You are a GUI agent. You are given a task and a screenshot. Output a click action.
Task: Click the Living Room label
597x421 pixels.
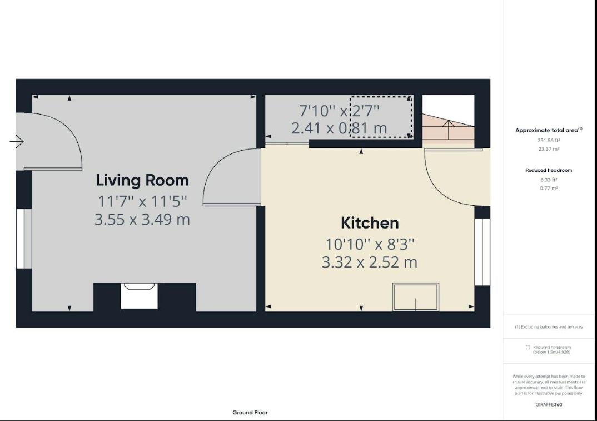pyautogui.click(x=142, y=180)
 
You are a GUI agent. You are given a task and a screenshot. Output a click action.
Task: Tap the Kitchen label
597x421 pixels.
pyautogui.click(x=370, y=223)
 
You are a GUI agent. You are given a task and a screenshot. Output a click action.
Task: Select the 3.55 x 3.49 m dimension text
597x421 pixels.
pyautogui.click(x=142, y=220)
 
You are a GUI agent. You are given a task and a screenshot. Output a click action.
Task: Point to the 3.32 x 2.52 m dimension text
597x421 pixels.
pyautogui.click(x=369, y=262)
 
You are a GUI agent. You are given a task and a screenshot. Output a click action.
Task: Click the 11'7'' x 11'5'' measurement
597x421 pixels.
pyautogui.click(x=142, y=201)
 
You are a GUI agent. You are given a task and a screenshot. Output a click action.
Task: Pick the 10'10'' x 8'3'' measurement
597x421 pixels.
pyautogui.click(x=369, y=244)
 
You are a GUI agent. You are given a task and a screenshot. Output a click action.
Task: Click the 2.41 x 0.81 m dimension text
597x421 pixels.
pyautogui.click(x=339, y=128)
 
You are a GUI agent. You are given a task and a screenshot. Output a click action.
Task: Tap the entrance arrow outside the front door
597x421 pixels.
pyautogui.click(x=17, y=142)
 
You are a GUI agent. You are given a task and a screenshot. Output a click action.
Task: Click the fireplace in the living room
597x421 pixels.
pyautogui.click(x=140, y=296)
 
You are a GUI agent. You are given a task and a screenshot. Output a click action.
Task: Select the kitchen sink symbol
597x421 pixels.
pyautogui.click(x=416, y=297)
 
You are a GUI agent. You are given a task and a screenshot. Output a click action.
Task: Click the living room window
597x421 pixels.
pyautogui.click(x=24, y=239)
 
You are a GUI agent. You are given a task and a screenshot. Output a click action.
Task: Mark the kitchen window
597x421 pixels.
pyautogui.click(x=482, y=252)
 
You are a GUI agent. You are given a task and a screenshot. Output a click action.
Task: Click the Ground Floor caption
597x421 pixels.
pyautogui.click(x=250, y=412)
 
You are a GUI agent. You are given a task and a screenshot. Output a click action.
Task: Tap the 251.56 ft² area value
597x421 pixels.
pyautogui.click(x=549, y=141)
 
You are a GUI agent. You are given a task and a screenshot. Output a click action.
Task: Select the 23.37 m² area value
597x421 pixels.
pyautogui.click(x=549, y=150)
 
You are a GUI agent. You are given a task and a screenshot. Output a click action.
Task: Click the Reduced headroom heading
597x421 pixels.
pyautogui.click(x=549, y=170)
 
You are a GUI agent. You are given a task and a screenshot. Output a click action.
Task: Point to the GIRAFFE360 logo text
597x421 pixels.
pyautogui.click(x=549, y=405)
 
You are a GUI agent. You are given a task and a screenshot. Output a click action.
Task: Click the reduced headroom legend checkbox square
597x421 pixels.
pyautogui.click(x=528, y=347)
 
